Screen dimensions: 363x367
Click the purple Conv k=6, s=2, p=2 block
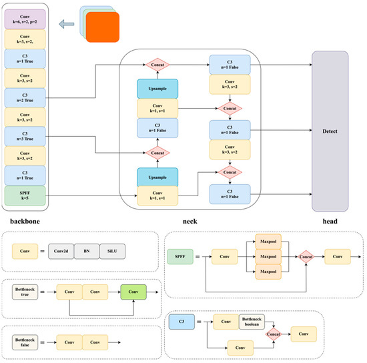click(24, 19)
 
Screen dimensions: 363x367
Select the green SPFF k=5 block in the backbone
click(24, 195)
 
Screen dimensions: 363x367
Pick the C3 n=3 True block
click(24, 136)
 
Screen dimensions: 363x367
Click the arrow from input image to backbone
click(66, 25)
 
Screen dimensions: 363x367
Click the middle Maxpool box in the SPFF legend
click(266, 254)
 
